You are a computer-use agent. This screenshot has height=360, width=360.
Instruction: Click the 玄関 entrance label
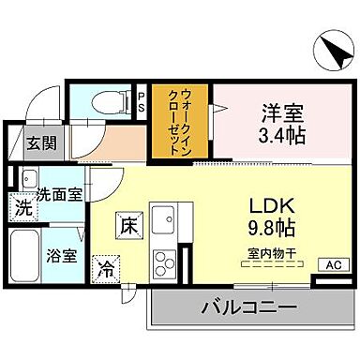coord(39,143)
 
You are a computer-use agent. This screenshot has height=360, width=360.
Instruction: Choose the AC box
coord(330,264)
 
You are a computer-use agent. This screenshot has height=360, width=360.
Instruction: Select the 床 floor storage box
coord(128,225)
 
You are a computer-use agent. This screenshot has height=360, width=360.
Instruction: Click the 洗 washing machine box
coord(22,209)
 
